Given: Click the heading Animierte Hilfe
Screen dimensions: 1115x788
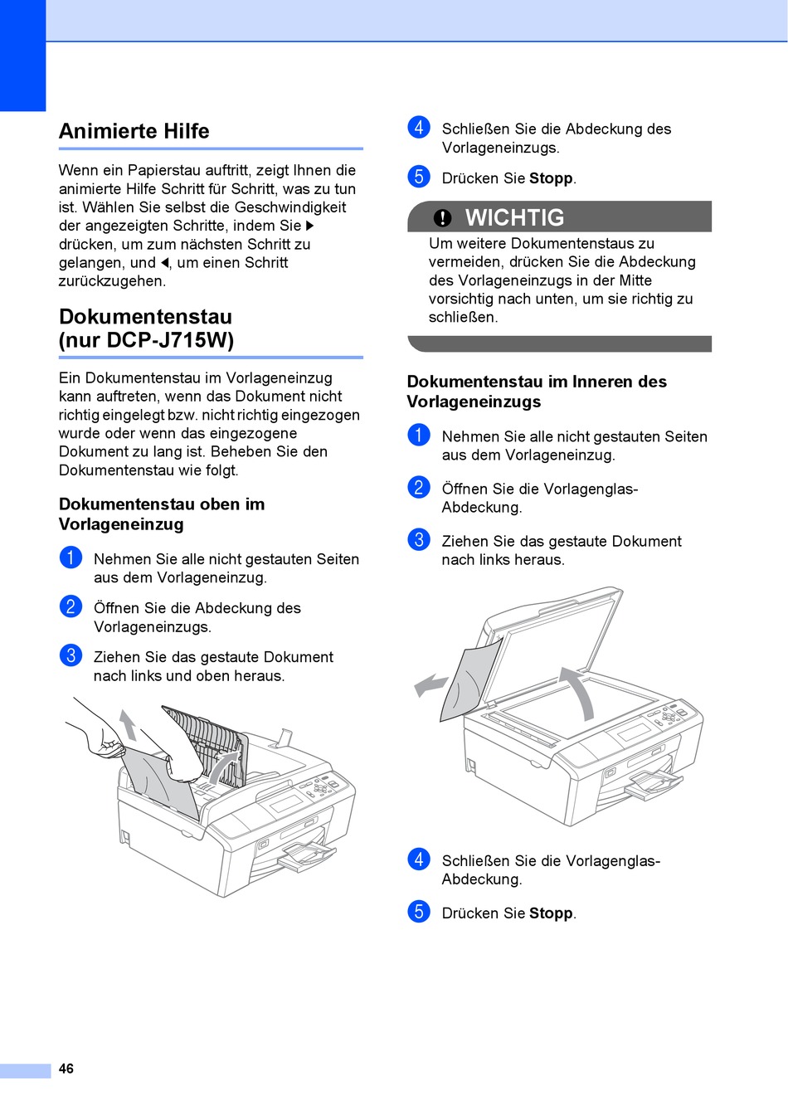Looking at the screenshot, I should [x=134, y=131].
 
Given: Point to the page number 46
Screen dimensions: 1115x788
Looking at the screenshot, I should [x=66, y=1069].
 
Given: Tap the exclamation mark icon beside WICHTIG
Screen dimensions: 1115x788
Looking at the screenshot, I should [x=443, y=217].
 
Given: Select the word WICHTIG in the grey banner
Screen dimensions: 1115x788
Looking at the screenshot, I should [x=514, y=217].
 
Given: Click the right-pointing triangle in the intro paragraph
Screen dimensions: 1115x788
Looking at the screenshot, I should [x=310, y=226].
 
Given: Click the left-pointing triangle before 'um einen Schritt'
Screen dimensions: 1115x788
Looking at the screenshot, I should [x=164, y=263].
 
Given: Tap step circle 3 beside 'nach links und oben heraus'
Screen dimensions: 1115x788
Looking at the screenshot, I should [x=71, y=655].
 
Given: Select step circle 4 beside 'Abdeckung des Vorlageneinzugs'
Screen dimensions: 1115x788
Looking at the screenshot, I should [x=419, y=128].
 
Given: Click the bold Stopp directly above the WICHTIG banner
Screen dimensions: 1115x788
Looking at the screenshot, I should [x=551, y=178].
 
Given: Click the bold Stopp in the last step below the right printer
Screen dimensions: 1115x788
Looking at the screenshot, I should [x=551, y=913].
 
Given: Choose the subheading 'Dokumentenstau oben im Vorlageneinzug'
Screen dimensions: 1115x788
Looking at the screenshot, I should [x=162, y=514].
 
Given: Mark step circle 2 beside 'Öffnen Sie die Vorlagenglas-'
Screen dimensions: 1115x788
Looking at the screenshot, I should [x=419, y=488].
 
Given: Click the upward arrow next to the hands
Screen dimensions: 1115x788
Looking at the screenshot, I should [x=128, y=723].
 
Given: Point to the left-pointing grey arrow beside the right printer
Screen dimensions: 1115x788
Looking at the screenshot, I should [x=430, y=685].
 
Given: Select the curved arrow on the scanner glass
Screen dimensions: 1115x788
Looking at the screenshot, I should [x=581, y=690].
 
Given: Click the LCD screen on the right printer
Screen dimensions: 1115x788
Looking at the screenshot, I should [x=635, y=732].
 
